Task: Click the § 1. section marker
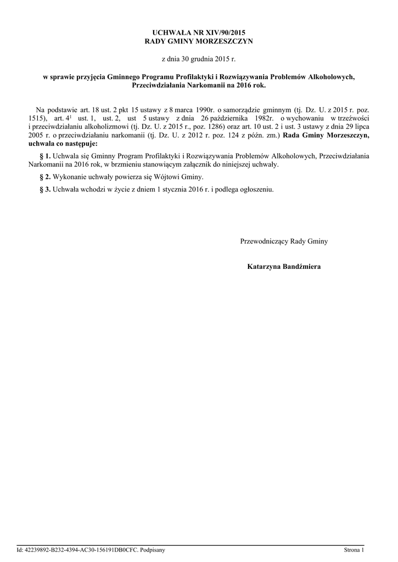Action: pyautogui.click(x=46, y=156)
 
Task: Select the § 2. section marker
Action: pyautogui.click(x=46, y=177)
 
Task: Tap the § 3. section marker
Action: pyautogui.click(x=46, y=190)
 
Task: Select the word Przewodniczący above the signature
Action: pyautogui.click(x=265, y=241)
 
